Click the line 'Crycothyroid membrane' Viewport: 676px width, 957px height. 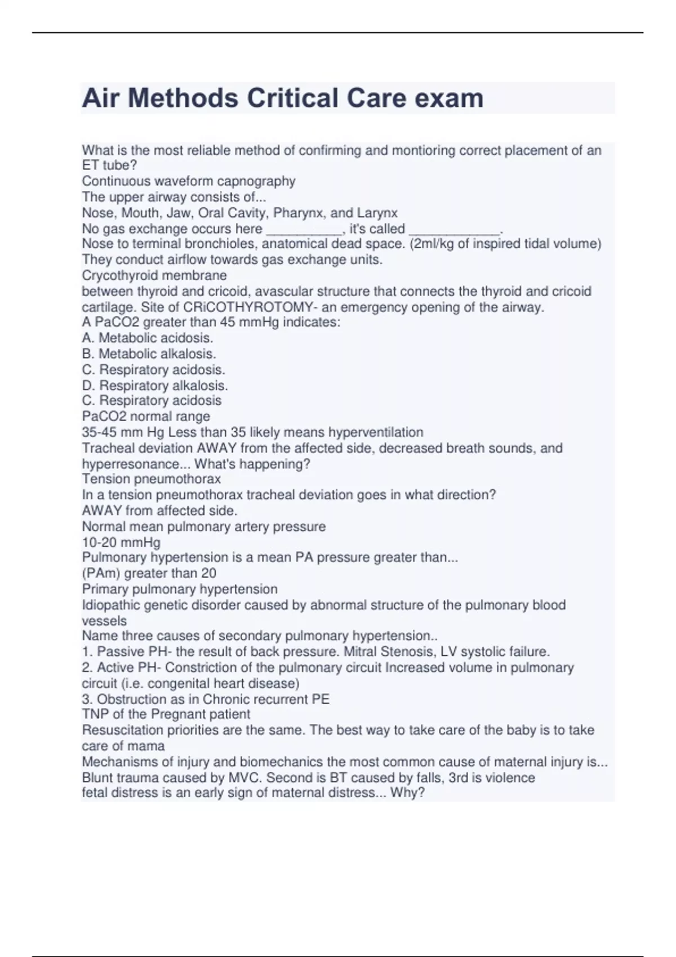(x=154, y=276)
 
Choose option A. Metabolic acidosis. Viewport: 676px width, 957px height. (x=148, y=338)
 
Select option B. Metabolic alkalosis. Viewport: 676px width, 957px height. (x=149, y=354)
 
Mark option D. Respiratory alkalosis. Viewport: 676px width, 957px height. (x=155, y=386)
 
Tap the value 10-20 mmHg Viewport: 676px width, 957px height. (x=121, y=543)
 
